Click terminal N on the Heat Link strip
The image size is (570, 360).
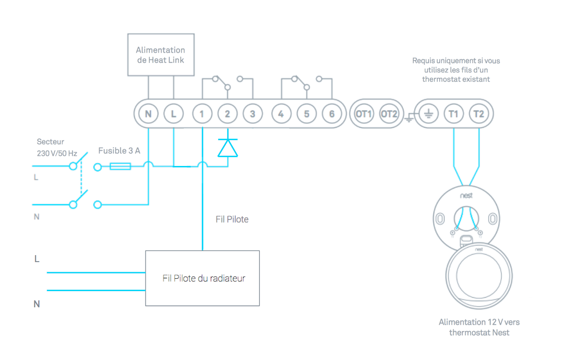pos(148,114)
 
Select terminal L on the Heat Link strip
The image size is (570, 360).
pos(173,114)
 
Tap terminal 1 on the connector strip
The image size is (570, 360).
pos(202,114)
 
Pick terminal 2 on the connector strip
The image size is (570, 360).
pos(227,114)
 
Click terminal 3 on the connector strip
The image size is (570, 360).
pos(253,114)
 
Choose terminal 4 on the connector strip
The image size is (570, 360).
pos(281,114)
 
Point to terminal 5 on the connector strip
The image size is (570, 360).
pos(307,114)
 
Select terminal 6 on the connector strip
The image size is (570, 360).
pos(332,114)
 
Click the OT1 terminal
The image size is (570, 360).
pos(364,114)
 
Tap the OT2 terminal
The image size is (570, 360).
pos(389,114)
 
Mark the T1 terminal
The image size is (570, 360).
pos(454,114)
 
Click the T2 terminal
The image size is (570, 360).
pos(479,114)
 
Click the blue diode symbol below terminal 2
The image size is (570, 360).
pos(227,148)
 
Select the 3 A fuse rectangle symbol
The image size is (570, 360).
pos(120,166)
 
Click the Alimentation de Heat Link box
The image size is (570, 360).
pos(160,54)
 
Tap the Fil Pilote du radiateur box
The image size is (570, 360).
pos(202,278)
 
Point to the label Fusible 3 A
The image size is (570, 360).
pos(119,151)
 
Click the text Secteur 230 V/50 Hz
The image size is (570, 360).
pos(57,148)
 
